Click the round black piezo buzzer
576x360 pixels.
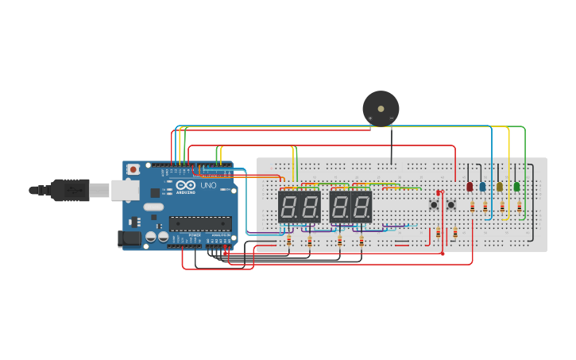point(381,108)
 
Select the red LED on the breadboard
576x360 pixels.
point(470,187)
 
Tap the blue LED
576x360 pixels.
point(482,187)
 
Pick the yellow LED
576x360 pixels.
point(500,187)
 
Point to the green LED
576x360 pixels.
point(516,187)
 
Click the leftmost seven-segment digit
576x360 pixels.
point(289,207)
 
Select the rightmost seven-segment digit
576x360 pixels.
point(361,207)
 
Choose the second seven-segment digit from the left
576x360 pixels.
point(310,207)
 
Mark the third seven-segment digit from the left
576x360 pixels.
point(340,207)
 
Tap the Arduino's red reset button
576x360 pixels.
point(133,169)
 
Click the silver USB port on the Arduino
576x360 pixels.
point(124,190)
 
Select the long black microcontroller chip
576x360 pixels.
point(200,223)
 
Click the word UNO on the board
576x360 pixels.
point(208,185)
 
